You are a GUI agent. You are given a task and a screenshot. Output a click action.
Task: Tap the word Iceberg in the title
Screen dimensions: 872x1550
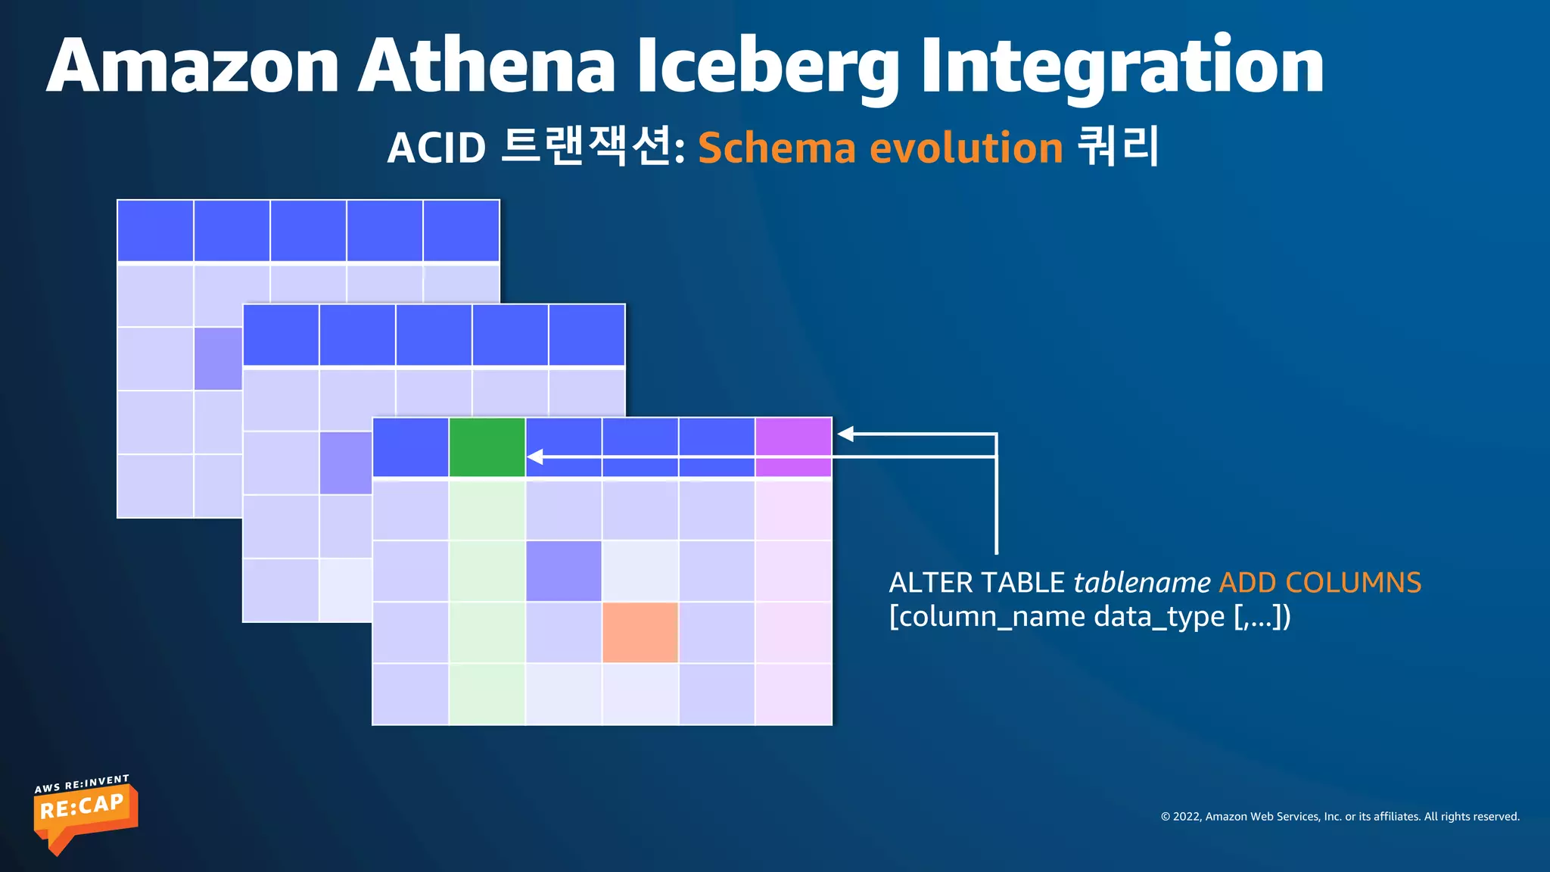coord(767,67)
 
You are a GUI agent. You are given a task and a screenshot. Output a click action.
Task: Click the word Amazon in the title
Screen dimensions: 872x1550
coord(193,67)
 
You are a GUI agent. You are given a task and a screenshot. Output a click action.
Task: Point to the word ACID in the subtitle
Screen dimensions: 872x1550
coord(437,148)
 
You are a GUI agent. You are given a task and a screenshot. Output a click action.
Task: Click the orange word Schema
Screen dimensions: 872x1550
coord(777,148)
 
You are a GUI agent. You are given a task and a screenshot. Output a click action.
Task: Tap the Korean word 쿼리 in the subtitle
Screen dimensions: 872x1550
coord(1117,146)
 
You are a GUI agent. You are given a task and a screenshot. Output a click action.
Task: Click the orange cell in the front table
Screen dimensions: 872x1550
coord(640,632)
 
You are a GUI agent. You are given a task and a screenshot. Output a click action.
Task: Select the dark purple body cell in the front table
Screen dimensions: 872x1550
coord(564,571)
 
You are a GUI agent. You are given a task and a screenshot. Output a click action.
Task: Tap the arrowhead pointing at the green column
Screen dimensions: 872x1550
coord(535,457)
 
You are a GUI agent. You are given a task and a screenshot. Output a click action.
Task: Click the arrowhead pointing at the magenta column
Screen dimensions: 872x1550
coord(846,434)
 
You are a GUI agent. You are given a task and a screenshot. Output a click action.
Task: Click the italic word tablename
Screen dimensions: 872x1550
coord(1141,583)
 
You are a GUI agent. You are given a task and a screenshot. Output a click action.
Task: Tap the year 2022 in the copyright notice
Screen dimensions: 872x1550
coord(1187,817)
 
